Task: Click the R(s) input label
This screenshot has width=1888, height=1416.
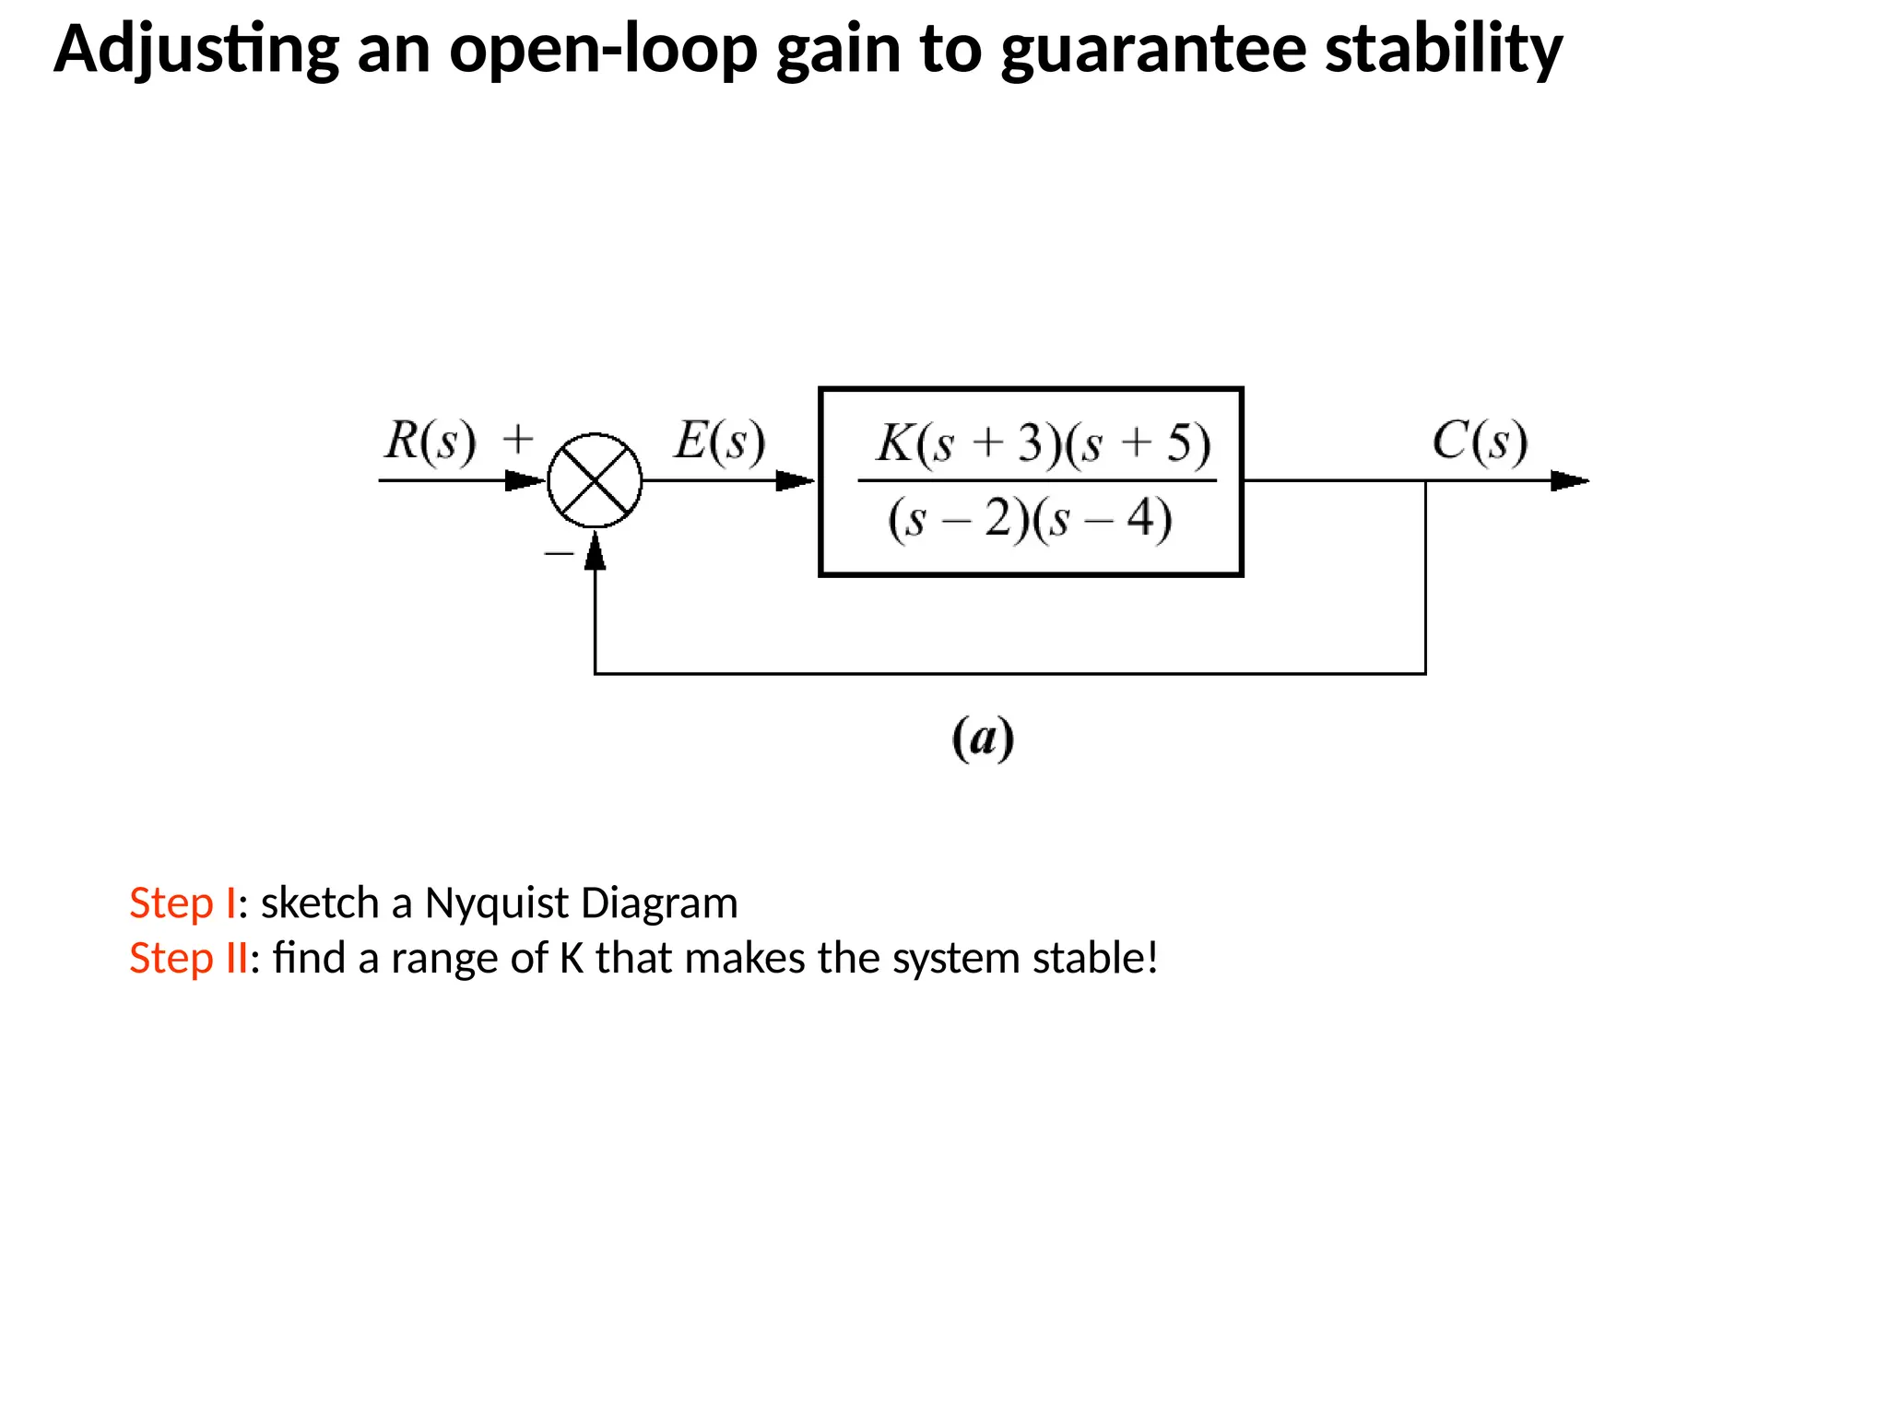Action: pos(430,441)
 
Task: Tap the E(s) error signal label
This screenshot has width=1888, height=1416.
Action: pos(719,441)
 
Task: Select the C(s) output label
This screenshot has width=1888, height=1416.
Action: pos(1480,441)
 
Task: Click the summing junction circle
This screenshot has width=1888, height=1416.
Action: pos(595,480)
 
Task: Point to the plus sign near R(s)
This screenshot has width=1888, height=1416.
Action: pos(518,439)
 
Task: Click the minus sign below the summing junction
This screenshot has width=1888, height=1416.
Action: pos(559,553)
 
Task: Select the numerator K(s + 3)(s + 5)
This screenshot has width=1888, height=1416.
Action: pos(1043,443)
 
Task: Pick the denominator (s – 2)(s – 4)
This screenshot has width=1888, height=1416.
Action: pos(1030,518)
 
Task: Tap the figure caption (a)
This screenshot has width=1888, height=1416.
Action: pos(983,738)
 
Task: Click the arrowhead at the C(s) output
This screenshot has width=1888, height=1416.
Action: pos(1569,480)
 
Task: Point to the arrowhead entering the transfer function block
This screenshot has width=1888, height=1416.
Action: pos(795,480)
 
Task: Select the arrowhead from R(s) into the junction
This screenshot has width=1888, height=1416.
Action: pos(525,480)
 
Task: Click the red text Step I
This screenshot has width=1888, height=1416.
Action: pos(183,903)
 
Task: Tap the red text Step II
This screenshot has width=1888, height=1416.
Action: pos(188,958)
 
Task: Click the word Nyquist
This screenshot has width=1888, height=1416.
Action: pos(495,903)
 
